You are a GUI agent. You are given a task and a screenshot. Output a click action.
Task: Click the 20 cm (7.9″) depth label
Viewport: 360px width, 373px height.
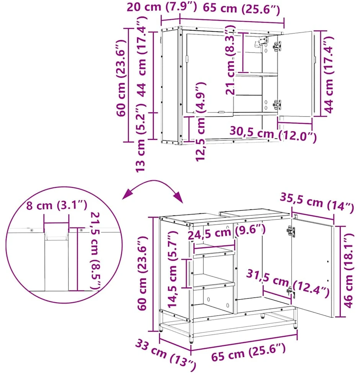click(x=162, y=7)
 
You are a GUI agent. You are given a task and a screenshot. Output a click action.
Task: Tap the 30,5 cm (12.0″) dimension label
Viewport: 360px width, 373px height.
click(x=273, y=134)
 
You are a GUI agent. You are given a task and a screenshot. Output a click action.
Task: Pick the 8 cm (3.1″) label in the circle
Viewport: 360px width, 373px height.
click(x=57, y=205)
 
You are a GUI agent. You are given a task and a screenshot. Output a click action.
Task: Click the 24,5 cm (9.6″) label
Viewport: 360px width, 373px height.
click(x=227, y=232)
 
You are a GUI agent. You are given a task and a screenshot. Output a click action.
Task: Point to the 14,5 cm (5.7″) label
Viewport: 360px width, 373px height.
click(x=172, y=269)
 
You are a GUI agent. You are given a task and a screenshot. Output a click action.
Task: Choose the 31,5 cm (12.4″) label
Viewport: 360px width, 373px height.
click(x=288, y=283)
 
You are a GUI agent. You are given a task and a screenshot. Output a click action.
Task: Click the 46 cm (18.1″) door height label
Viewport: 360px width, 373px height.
click(x=349, y=271)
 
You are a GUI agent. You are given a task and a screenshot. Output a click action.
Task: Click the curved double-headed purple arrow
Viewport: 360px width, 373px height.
click(x=153, y=181)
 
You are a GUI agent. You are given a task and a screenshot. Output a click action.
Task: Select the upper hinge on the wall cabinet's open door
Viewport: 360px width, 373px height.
click(x=277, y=46)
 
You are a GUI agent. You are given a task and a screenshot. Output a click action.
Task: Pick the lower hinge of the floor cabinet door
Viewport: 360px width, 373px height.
click(x=290, y=292)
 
